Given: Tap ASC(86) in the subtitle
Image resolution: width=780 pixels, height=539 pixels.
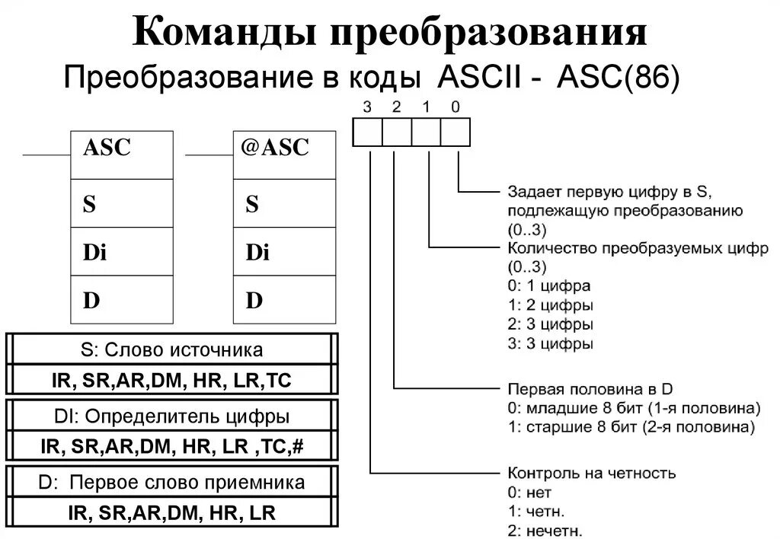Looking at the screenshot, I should (x=618, y=78).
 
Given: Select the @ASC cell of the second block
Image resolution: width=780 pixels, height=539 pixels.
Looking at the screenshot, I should (x=283, y=155).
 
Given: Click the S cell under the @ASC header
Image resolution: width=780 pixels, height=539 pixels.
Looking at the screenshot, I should (x=283, y=203).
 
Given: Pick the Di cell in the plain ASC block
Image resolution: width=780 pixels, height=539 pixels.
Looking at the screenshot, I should (x=120, y=252).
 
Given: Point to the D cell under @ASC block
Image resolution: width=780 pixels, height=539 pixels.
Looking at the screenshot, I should (x=283, y=301).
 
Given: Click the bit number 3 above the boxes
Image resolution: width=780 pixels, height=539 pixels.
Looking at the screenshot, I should (x=367, y=107).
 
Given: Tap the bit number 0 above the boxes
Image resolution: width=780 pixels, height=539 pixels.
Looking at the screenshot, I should (x=455, y=107).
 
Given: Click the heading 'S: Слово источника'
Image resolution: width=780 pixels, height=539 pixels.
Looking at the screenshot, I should (x=171, y=349).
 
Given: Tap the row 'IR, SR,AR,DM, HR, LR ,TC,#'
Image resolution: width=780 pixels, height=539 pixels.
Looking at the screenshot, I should (x=171, y=445).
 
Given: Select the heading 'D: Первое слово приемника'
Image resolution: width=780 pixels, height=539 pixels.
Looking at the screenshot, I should (x=171, y=482).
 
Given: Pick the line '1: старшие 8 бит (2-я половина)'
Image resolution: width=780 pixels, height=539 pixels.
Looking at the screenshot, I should (x=631, y=426).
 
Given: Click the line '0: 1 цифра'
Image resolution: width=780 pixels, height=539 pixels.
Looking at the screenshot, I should (x=548, y=286).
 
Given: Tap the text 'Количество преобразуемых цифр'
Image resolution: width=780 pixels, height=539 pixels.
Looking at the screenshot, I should (x=637, y=249).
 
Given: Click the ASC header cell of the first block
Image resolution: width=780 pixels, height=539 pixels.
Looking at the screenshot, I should (x=120, y=155).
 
